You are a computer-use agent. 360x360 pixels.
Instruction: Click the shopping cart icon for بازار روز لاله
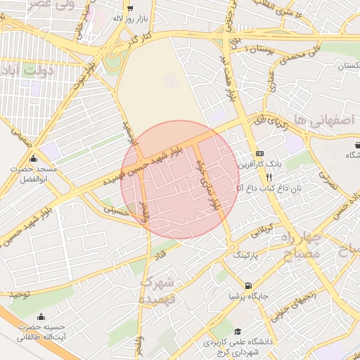click(130, 8)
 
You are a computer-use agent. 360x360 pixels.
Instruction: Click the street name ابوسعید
click(129, 133)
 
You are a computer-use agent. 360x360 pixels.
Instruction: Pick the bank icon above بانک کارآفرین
click(260, 153)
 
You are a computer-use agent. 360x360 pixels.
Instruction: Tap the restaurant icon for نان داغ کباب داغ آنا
click(260, 178)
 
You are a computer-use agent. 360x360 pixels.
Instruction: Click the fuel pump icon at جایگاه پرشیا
click(248, 285)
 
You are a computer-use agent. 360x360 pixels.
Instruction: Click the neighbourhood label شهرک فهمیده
click(157, 290)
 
